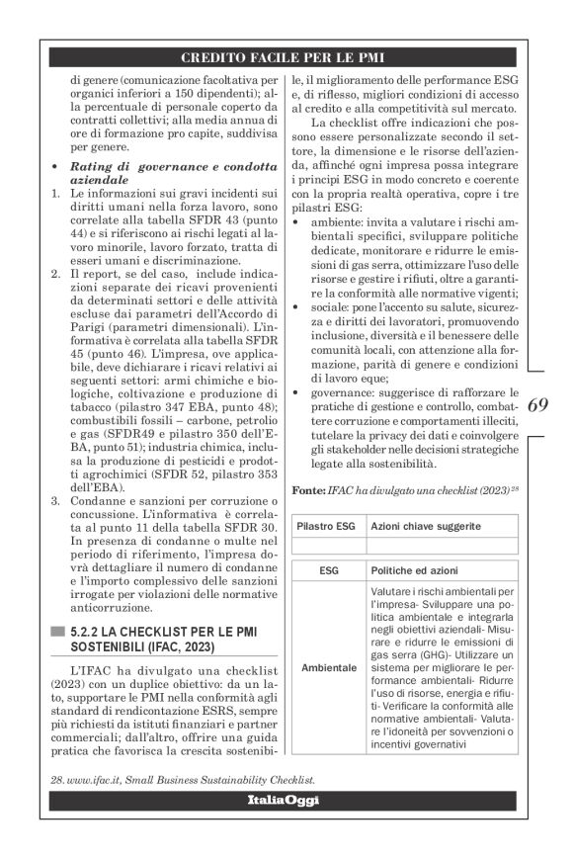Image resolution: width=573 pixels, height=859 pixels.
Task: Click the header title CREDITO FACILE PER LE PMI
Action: point(286,57)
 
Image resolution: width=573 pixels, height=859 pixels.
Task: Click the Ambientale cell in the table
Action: point(328,667)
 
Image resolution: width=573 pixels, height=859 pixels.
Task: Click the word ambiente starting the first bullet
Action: point(335,222)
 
